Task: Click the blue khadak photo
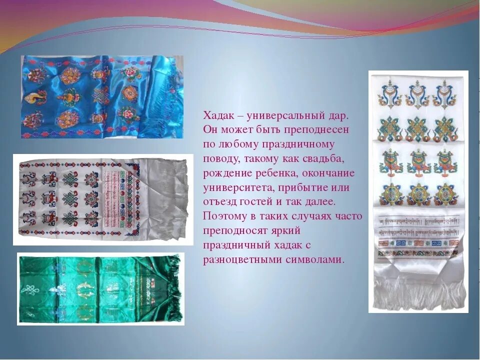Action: click(x=102, y=97)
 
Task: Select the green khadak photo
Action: click(x=100, y=289)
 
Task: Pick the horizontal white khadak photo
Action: click(x=102, y=199)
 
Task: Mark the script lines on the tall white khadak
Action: click(x=419, y=228)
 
